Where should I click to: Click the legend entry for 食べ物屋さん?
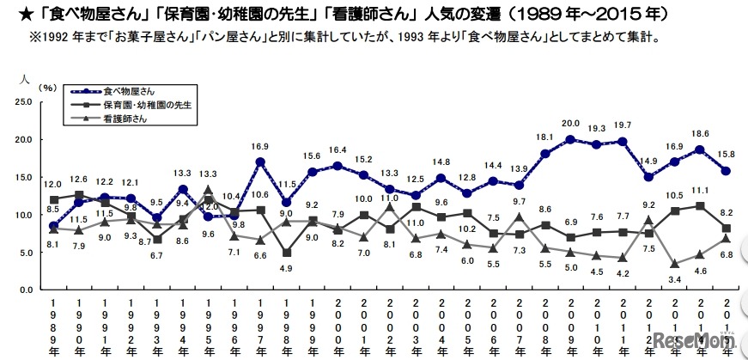[x=130, y=90]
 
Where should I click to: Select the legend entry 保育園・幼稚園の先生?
[x=146, y=104]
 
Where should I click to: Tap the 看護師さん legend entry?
[x=125, y=119]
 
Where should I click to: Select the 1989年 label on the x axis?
[x=53, y=327]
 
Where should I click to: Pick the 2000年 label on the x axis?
[x=338, y=327]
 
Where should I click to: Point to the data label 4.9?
[x=286, y=268]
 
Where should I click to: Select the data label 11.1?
[x=700, y=190]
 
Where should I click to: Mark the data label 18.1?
[x=544, y=137]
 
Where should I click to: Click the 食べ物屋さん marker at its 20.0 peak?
[x=570, y=139]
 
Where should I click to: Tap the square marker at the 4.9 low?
[x=286, y=253]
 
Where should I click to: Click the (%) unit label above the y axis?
[x=48, y=88]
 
